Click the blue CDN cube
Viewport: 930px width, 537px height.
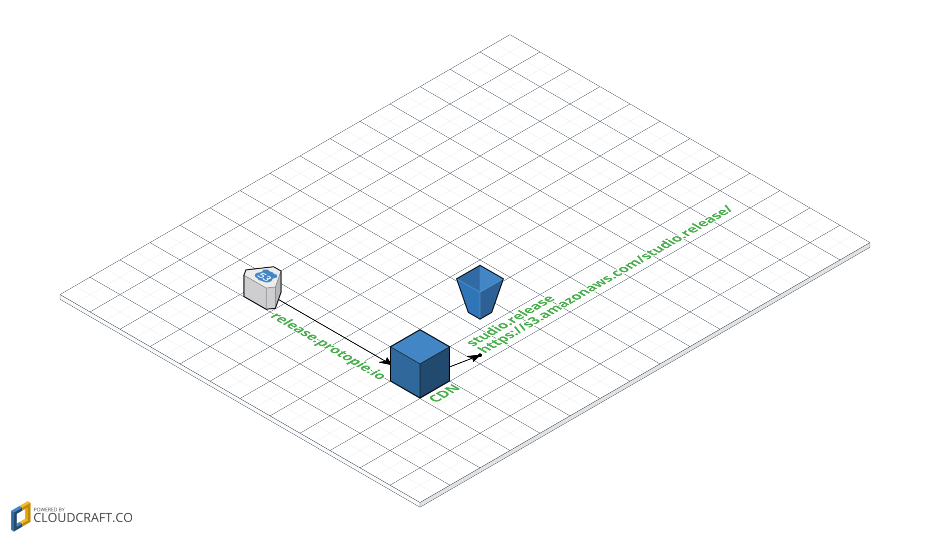(420, 364)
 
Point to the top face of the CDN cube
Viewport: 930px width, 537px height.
(420, 346)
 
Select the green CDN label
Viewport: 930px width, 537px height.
(444, 393)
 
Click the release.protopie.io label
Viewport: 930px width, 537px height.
(328, 346)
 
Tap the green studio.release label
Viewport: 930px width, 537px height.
(511, 320)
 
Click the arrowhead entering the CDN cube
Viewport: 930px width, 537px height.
(386, 362)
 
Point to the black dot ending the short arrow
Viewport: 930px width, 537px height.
(480, 355)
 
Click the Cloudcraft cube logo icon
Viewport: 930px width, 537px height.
(21, 516)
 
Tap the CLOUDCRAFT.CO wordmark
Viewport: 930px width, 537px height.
(83, 518)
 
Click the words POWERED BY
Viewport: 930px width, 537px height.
(49, 509)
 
